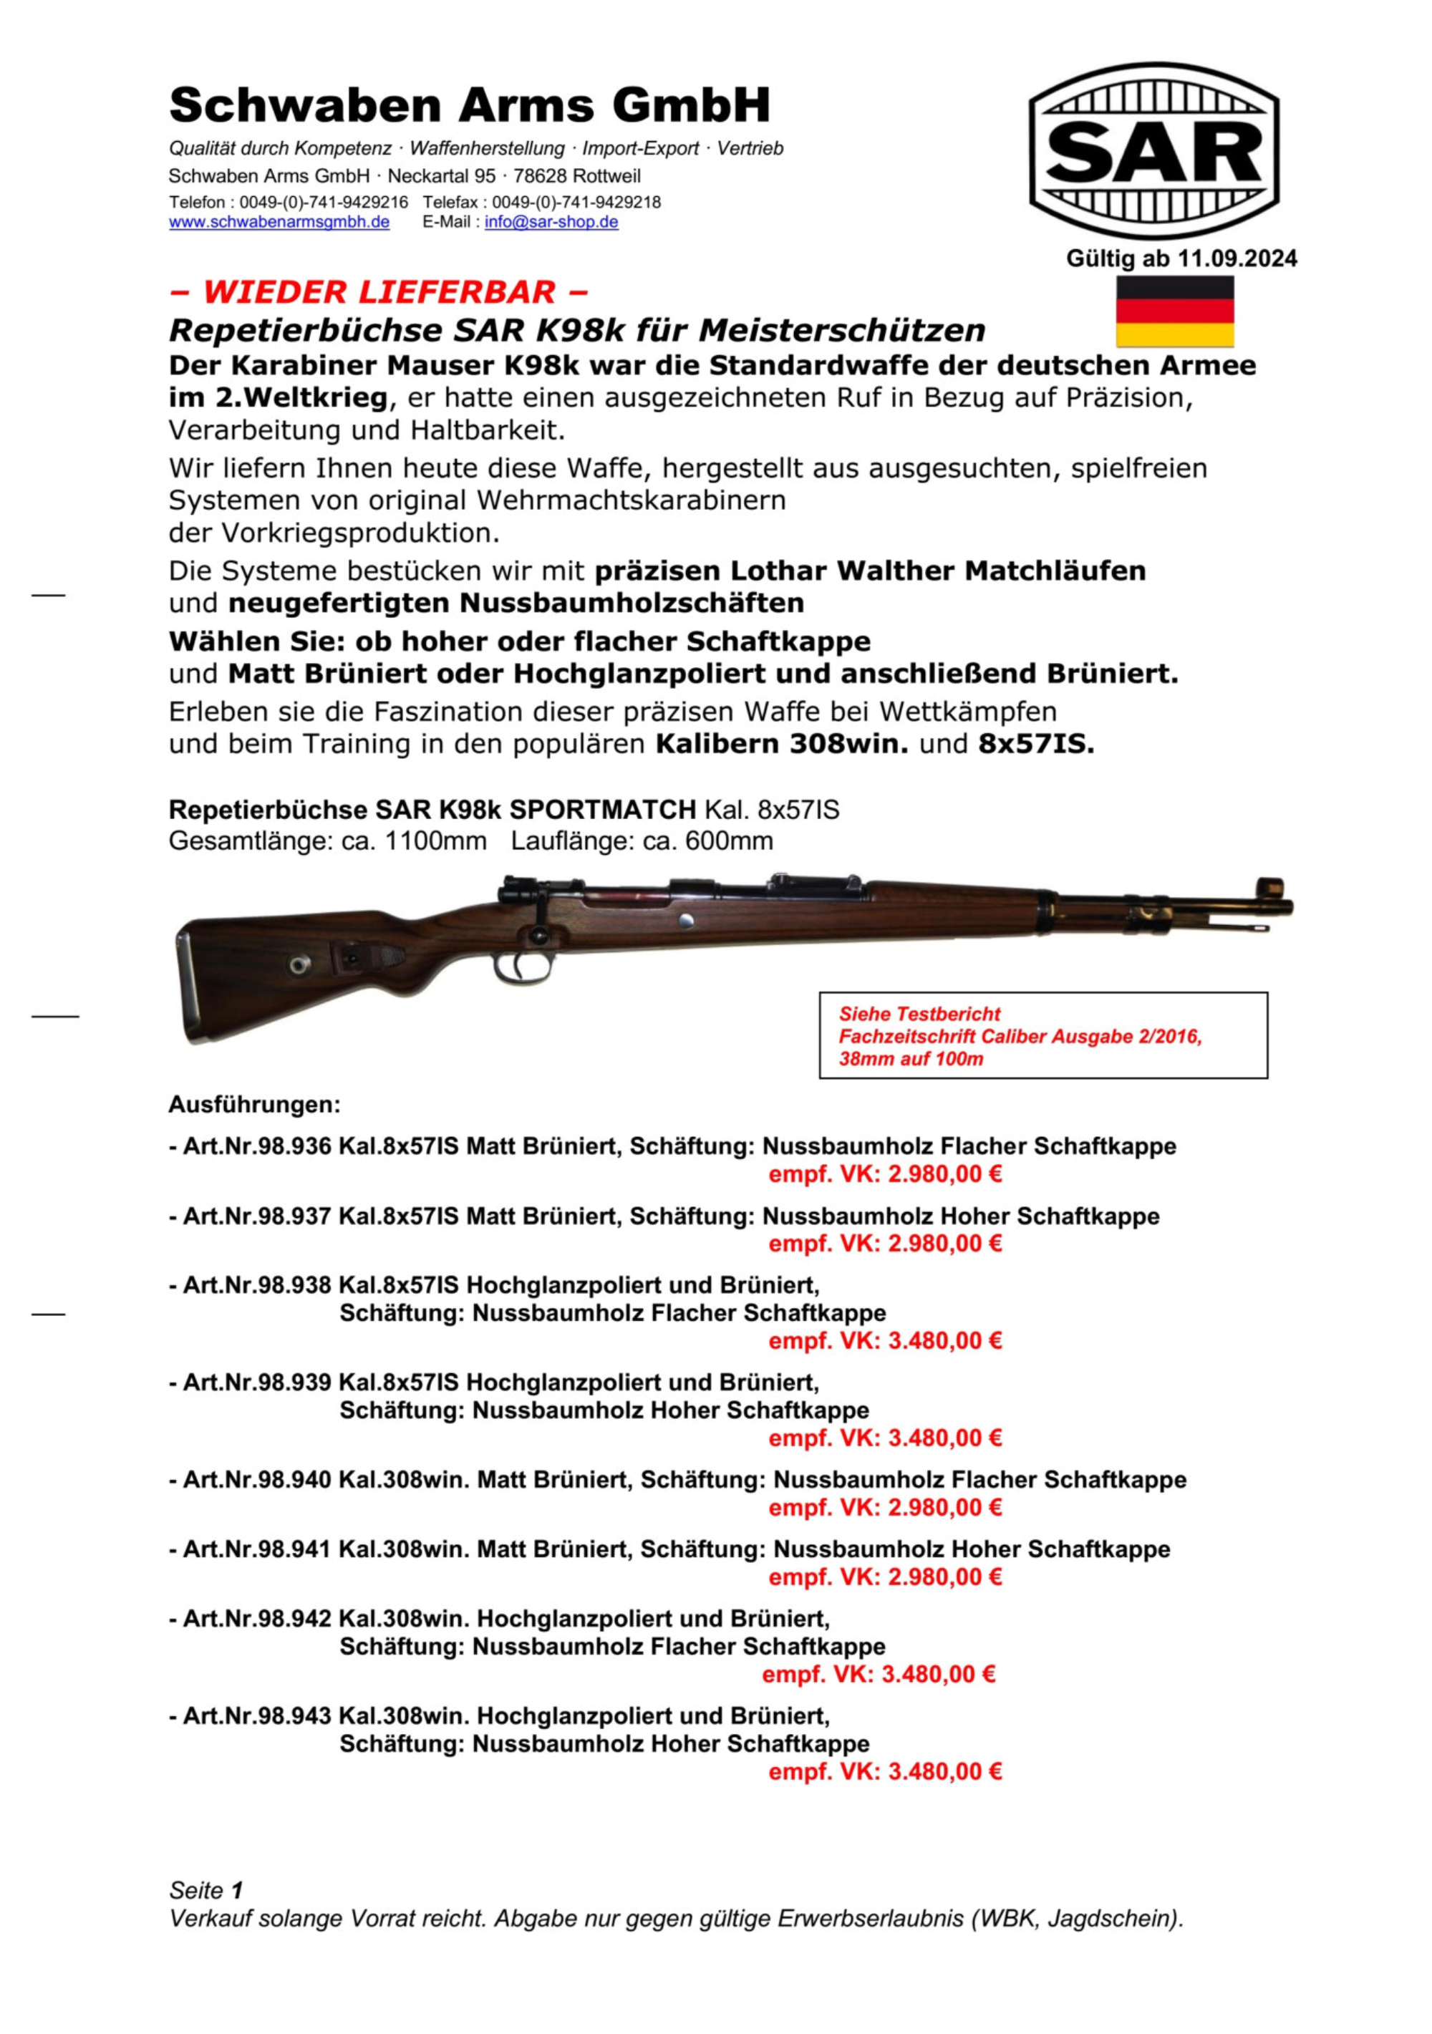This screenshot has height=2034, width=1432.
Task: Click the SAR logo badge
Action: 1153,150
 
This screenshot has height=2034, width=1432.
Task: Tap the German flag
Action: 1174,311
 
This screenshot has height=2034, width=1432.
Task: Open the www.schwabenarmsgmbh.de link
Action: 279,223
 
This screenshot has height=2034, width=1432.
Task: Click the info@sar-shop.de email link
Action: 551,223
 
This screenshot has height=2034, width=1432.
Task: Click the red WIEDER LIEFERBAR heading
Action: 378,291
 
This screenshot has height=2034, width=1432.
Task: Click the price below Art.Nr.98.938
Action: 884,1340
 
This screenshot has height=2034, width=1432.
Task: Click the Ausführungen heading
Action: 254,1105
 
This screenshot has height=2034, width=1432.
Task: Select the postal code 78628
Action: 540,175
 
